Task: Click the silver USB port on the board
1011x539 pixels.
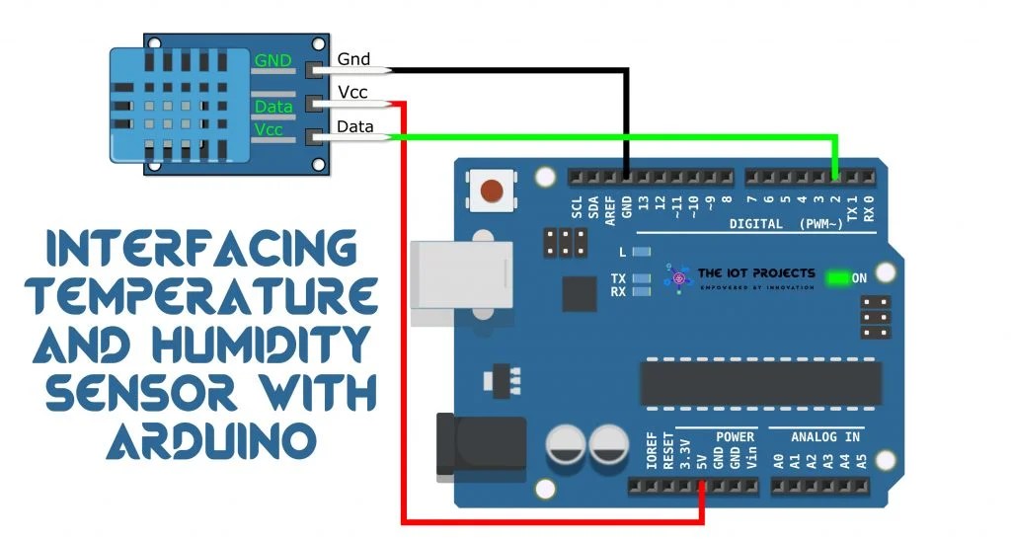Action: click(x=454, y=276)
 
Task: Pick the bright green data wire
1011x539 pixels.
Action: click(x=612, y=136)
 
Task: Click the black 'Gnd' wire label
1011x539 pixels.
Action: click(x=353, y=59)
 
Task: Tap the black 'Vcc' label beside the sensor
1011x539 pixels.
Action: click(x=352, y=93)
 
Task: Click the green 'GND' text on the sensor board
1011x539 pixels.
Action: click(x=272, y=61)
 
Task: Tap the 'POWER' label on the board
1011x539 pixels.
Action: click(x=735, y=436)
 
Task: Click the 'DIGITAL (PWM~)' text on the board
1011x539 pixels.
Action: click(x=786, y=224)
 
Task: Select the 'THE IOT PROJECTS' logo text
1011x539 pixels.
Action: click(x=755, y=273)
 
